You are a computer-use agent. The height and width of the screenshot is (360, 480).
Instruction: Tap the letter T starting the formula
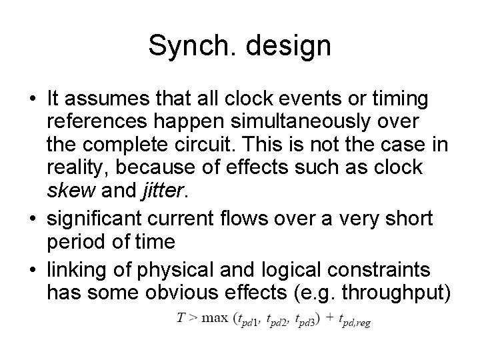[181, 319]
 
